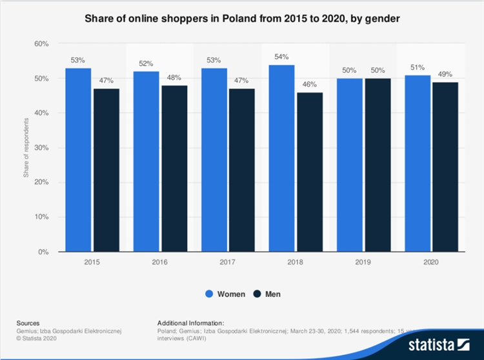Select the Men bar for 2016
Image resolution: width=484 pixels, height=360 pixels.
[174, 168]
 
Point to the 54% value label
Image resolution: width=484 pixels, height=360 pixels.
[281, 57]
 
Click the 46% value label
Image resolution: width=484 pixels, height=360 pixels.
[309, 85]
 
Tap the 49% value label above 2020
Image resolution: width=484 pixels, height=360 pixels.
[445, 75]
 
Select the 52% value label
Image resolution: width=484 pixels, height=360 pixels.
[146, 65]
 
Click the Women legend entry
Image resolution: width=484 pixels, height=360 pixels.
[226, 294]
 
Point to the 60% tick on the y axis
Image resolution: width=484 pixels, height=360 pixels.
[41, 44]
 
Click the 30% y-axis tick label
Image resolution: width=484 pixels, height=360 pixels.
[41, 148]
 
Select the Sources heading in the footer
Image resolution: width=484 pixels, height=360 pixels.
[28, 323]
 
